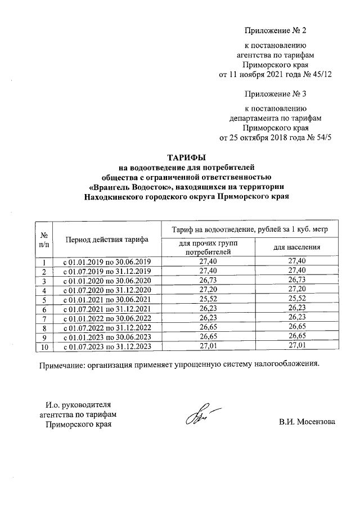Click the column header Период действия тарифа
click(106, 239)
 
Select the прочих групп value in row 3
click(208, 281)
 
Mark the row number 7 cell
click(43, 319)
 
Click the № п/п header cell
click(43, 239)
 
